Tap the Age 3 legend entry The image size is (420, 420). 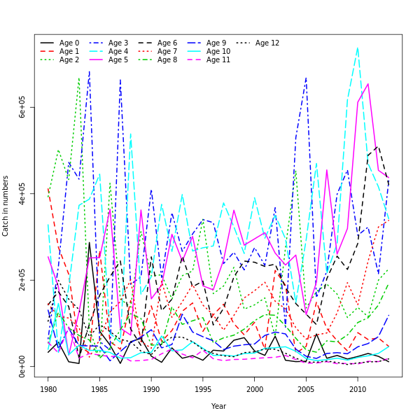pyautogui.click(x=118, y=43)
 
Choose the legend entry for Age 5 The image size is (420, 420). pyautogui.click(x=118, y=60)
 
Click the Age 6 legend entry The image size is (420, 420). pyautogui.click(x=167, y=43)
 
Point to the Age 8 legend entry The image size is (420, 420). pyautogui.click(x=167, y=60)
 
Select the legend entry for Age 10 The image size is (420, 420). pyautogui.click(x=217, y=52)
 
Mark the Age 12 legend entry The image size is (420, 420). pyautogui.click(x=267, y=43)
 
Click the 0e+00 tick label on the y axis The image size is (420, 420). pyautogui.click(x=22, y=365)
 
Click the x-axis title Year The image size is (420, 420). pyautogui.click(x=218, y=406)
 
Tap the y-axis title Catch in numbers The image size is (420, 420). pyautogui.click(x=6, y=206)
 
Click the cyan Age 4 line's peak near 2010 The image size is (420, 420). pyautogui.click(x=358, y=48)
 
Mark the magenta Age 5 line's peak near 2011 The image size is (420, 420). pyautogui.click(x=368, y=83)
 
